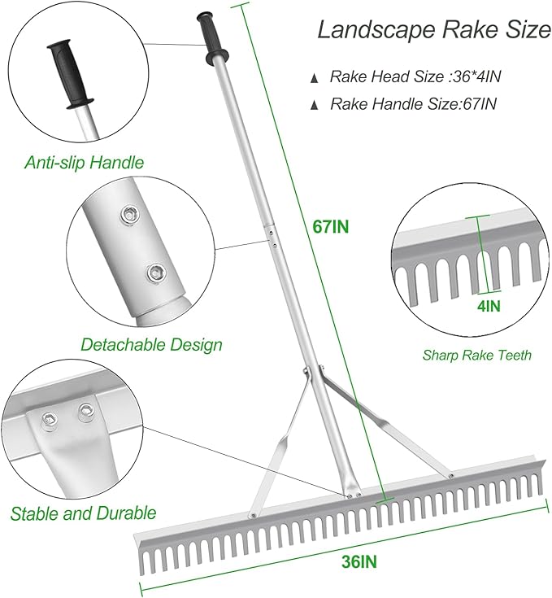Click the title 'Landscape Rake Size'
(432, 31)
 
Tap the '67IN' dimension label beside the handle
(331, 227)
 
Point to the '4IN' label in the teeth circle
(488, 306)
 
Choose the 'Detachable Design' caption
(151, 344)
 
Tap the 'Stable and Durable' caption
(83, 513)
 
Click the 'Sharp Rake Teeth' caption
(477, 355)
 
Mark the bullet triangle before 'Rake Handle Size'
(315, 105)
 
